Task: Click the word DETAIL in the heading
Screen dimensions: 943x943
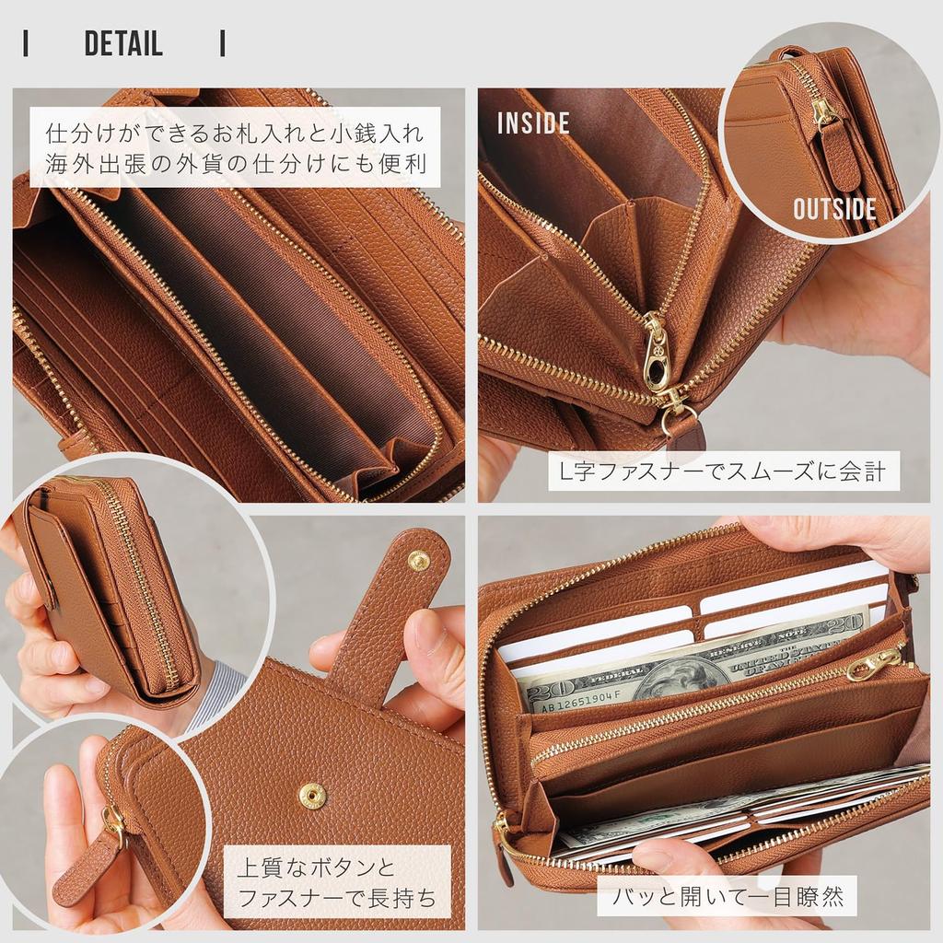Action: click(x=123, y=43)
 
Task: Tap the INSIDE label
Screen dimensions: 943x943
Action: click(x=533, y=123)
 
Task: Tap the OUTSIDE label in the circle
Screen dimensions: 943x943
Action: click(x=834, y=208)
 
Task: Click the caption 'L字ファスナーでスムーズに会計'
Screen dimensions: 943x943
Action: click(x=723, y=471)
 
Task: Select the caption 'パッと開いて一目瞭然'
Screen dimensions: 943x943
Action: click(x=727, y=895)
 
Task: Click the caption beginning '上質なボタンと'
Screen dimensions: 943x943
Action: click(x=337, y=881)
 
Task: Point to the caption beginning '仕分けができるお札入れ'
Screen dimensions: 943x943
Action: click(x=235, y=147)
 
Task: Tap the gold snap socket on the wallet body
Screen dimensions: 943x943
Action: click(x=312, y=794)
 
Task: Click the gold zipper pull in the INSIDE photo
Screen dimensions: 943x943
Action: click(x=655, y=355)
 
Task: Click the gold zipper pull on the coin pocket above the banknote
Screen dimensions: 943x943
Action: click(x=875, y=661)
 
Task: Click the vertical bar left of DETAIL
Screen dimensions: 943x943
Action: click(x=26, y=43)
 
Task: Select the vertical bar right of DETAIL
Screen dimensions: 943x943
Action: click(x=222, y=43)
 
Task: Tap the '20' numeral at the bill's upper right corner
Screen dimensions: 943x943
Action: click(x=847, y=624)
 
